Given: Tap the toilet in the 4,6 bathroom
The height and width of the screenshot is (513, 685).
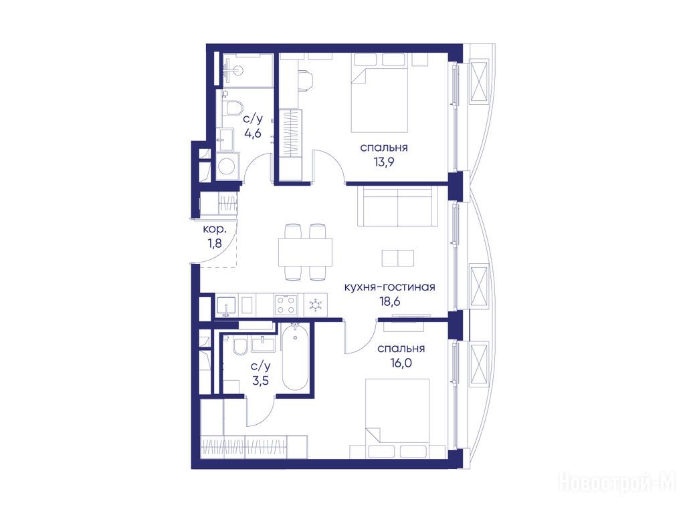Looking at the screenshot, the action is pos(233,108).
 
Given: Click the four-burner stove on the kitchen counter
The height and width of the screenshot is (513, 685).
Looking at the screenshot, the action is pos(286,305).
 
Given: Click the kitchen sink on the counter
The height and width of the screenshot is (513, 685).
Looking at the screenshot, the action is pos(226,305).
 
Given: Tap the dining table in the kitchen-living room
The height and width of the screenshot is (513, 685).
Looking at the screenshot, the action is pos(305,252).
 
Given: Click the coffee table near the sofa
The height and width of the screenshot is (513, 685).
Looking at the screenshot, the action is pos(397,258).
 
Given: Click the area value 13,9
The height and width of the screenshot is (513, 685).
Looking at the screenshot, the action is pos(384,162).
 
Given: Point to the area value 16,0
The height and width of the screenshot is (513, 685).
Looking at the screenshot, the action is pos(401,363).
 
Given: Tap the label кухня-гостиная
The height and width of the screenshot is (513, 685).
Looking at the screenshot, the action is pos(390,287).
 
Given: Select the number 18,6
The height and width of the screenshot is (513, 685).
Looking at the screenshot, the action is pos(390,301).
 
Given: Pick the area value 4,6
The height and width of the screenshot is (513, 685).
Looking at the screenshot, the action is pos(252,133).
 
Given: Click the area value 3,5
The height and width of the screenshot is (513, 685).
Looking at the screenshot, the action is pos(260,380).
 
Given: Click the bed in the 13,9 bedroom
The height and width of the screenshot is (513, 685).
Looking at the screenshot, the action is pos(380,93).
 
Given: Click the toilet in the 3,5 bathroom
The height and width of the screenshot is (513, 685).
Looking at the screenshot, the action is pos(239,347).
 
